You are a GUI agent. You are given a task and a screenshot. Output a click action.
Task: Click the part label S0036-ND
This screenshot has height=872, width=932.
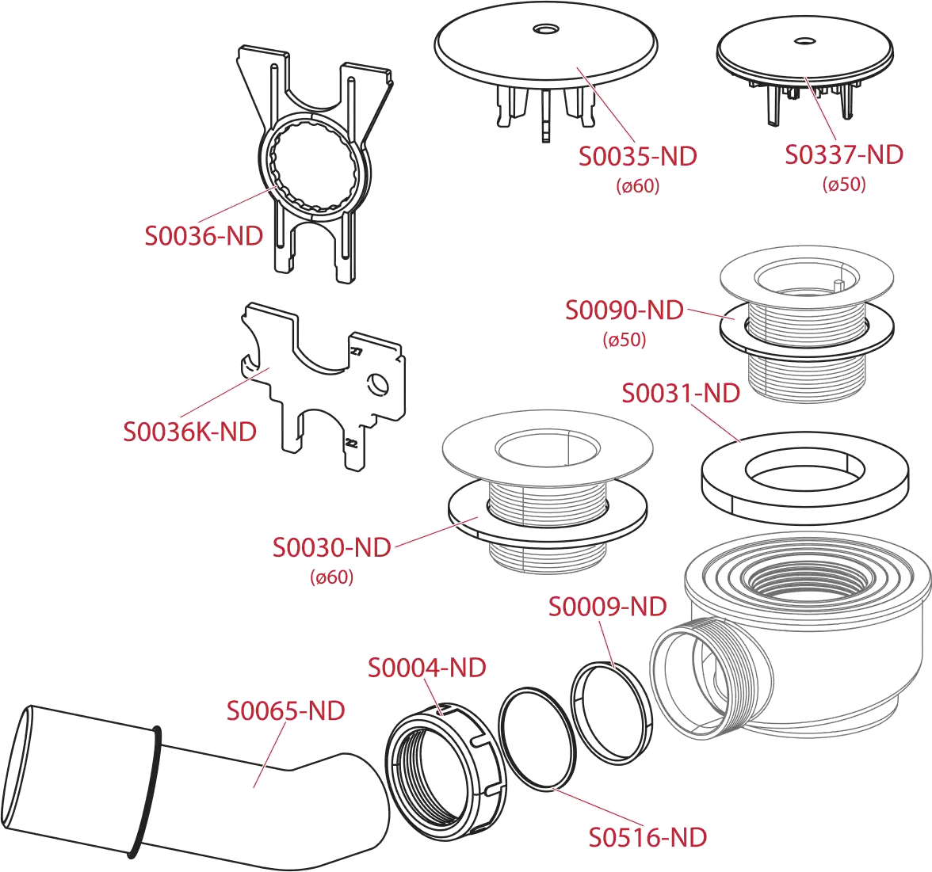coord(204,236)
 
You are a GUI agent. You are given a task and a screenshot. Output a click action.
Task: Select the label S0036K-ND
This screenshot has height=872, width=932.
coord(189,432)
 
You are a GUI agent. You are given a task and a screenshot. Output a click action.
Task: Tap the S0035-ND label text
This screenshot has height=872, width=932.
coord(638,156)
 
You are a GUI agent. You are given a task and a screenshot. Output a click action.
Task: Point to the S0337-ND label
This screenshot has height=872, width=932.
coord(844,154)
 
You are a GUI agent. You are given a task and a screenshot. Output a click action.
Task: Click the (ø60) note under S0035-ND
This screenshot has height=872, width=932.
coord(638,186)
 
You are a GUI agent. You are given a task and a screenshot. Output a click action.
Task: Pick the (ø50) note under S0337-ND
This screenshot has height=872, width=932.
coord(844,184)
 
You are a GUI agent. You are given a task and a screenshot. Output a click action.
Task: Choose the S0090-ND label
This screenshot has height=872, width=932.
coord(625,310)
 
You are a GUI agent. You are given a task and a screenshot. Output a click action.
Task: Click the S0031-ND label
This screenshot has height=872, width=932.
coord(681,393)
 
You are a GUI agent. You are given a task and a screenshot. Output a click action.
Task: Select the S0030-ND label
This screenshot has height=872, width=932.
coord(331,547)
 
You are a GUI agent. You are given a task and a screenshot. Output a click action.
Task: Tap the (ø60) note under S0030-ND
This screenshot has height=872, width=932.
coord(331,577)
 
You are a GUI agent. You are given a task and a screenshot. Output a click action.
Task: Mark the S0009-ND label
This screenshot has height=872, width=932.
coord(607,607)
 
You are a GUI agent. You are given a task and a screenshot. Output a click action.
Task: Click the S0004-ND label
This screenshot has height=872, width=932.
coord(426,668)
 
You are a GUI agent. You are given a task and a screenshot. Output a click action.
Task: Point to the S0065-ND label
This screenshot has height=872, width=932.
coord(286,710)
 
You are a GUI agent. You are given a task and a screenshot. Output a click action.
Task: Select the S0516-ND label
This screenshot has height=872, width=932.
coord(648,837)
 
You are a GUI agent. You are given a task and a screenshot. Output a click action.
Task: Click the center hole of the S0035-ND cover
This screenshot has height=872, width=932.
coord(545,29)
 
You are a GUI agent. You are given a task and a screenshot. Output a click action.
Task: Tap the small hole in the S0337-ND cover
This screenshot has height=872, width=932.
coord(805,40)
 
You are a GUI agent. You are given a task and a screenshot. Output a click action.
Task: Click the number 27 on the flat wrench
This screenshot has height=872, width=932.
coord(355,351)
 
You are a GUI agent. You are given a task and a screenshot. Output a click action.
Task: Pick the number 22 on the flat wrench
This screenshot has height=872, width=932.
coord(351,444)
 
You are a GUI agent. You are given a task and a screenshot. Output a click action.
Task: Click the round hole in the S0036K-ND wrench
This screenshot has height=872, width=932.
coord(378,385)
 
